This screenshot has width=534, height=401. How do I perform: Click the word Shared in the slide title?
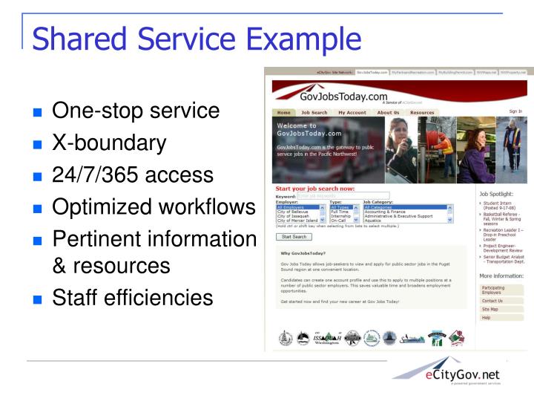tap(82, 36)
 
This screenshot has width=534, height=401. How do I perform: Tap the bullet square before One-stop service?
tap(39, 114)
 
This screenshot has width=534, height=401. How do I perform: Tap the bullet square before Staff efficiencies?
tap(39, 299)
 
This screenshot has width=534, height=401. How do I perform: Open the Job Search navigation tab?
tap(314, 113)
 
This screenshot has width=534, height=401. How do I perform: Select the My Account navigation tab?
tap(352, 113)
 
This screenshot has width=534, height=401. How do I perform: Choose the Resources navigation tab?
tap(422, 113)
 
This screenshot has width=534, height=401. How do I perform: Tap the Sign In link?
tap(515, 111)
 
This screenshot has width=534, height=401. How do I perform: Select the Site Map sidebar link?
tap(489, 309)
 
